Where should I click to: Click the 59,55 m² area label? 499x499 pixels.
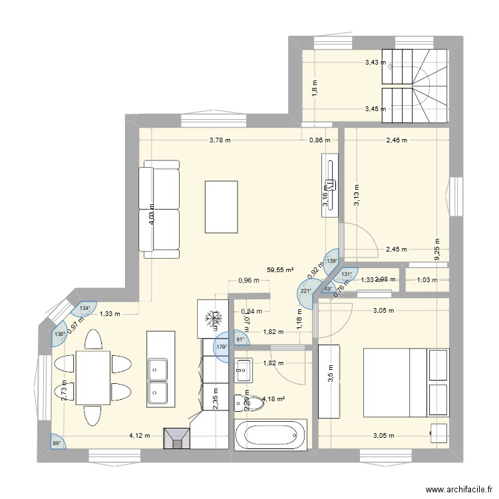pos(280,271)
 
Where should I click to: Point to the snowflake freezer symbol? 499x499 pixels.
pos(214,320)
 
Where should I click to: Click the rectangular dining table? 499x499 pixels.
pos(93,377)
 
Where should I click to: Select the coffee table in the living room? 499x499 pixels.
pos(222,207)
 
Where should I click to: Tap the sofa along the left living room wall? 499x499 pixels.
pos(160,209)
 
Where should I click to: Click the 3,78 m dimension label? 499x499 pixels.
pos(220,140)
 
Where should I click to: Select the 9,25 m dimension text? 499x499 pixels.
pos(436,249)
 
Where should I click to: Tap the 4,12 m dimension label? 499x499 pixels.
pos(140,436)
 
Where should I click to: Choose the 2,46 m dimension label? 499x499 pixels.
pos(397,140)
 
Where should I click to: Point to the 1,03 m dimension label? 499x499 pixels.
pos(426,280)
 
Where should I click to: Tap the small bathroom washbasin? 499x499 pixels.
pos(244,365)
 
